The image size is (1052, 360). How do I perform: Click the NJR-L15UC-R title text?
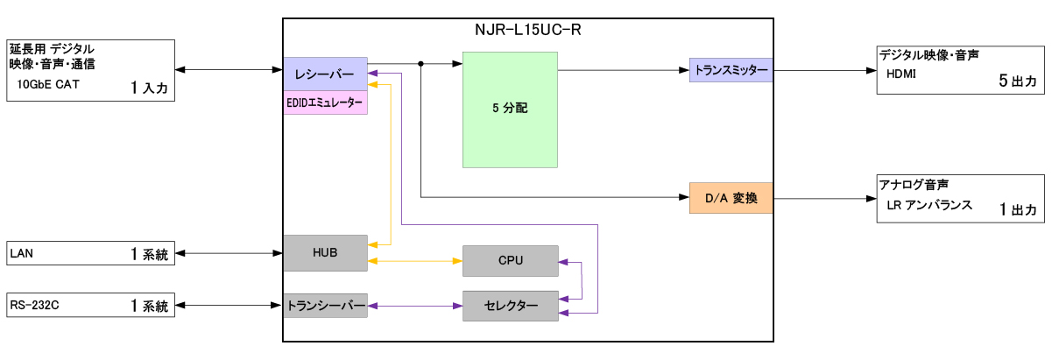pos(527,30)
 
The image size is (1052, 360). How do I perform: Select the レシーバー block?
pos(325,72)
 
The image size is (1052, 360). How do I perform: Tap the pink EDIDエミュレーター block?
pos(325,102)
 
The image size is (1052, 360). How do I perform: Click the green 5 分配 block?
pos(510,109)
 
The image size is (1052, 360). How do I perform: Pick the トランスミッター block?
pos(731,70)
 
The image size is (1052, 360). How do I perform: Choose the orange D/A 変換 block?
pos(731,198)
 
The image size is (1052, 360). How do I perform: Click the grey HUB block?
pos(325,253)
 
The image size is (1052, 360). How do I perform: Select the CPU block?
pos(510,261)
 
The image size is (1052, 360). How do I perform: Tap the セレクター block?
pos(510,306)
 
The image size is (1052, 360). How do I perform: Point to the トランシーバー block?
pos(325,306)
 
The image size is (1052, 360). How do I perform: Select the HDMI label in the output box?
pos(903,75)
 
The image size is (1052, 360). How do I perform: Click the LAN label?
pos(21,254)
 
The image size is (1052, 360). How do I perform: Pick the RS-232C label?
pos(32,306)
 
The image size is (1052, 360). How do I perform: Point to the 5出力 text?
pos(1018,80)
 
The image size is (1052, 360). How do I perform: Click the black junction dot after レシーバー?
pos(421,63)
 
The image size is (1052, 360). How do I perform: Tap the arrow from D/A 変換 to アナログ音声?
pos(823,198)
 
